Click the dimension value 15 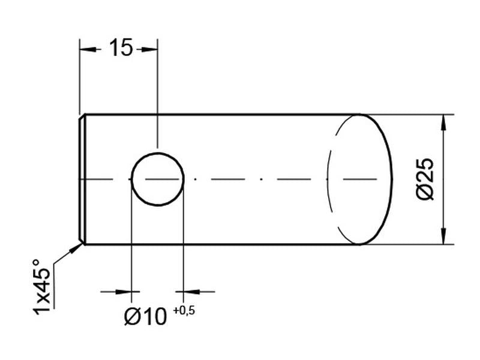coord(120,48)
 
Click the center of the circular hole coord(157,179)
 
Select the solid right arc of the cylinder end coord(390,179)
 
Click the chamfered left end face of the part coord(83,179)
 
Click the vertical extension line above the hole coord(157,96)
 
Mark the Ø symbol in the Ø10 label coord(133,316)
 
